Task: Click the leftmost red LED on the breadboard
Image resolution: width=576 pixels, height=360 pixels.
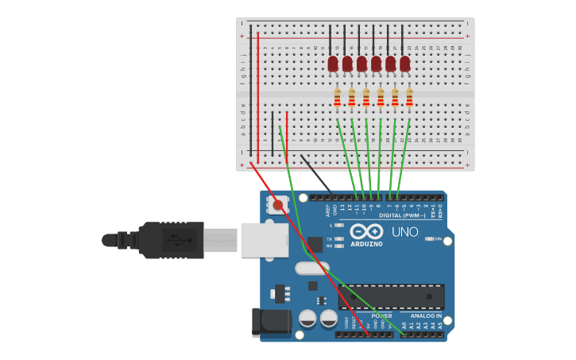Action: [x=333, y=64]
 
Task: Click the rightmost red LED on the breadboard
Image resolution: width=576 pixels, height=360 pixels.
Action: [x=405, y=64]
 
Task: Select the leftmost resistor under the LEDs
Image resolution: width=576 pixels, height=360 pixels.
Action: [x=337, y=97]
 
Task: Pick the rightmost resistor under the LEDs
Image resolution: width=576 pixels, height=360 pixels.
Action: [x=409, y=97]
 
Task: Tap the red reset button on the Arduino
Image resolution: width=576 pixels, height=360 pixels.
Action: [x=277, y=206]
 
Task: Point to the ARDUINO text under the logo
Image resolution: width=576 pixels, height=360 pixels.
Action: [x=366, y=244]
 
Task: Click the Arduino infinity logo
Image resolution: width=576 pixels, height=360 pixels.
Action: [x=366, y=231]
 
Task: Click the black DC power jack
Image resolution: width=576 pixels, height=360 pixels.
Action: [x=268, y=322]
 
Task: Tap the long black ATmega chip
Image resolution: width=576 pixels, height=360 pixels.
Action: [x=391, y=296]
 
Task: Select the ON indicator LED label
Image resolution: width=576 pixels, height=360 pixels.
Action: [x=438, y=238]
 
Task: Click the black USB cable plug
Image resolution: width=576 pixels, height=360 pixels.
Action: [x=171, y=239]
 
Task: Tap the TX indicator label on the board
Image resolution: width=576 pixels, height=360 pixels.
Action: [x=330, y=238]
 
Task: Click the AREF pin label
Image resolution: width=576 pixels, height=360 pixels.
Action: [x=327, y=210]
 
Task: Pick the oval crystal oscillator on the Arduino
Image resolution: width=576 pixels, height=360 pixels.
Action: [x=311, y=269]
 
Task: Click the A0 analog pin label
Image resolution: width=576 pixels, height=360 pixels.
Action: [x=404, y=326]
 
